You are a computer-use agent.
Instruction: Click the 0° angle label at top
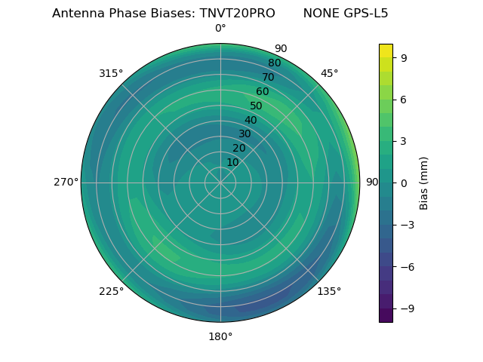coord(220,29)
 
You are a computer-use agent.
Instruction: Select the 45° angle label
coord(329,73)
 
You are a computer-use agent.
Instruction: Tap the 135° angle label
coord(329,291)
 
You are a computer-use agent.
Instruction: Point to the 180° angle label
coord(220,336)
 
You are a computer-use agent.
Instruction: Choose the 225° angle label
coord(111,291)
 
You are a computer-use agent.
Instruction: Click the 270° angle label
coord(66,183)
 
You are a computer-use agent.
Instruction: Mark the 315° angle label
coord(111,73)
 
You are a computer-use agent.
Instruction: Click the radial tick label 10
coord(232,162)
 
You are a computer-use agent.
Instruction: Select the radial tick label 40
coord(251,120)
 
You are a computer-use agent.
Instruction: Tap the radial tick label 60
coord(263,92)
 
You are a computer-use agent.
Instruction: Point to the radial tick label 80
coord(274,63)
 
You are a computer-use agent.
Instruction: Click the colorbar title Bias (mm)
coord(424,183)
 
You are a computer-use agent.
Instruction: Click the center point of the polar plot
coord(220,183)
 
